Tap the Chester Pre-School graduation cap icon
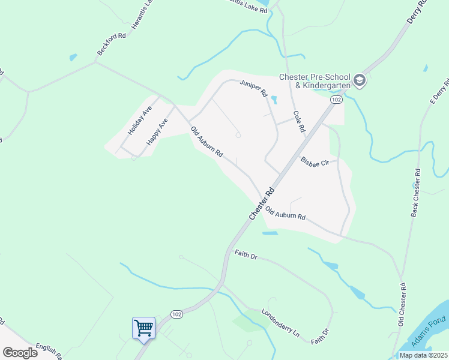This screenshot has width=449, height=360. click(x=359, y=80)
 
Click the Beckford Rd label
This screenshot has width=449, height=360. click(x=112, y=45)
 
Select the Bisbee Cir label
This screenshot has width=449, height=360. click(x=316, y=162)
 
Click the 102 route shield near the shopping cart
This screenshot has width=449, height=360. click(x=176, y=314)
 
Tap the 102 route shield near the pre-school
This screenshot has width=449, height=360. click(x=336, y=99)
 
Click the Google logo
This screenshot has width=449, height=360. click(x=20, y=352)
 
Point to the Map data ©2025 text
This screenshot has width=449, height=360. click(x=423, y=355)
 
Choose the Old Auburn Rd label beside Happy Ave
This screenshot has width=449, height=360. click(x=206, y=142)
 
